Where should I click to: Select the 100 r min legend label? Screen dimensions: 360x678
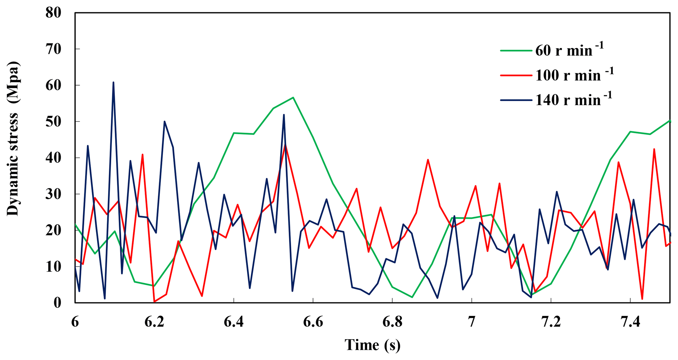coord(574,75)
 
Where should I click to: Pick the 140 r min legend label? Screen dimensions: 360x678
coord(573,100)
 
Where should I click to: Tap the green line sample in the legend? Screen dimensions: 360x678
coord(516,51)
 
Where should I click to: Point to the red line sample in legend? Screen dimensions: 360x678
coord(516,75)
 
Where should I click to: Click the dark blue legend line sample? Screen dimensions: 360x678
coord(516,100)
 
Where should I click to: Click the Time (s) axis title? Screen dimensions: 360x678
coord(372,345)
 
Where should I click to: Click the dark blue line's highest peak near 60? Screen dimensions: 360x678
coord(113,82)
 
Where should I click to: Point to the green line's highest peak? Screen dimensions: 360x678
coord(293,97)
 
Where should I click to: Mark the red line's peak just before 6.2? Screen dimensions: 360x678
coord(142,154)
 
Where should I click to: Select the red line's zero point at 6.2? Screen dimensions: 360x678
coord(154,302)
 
